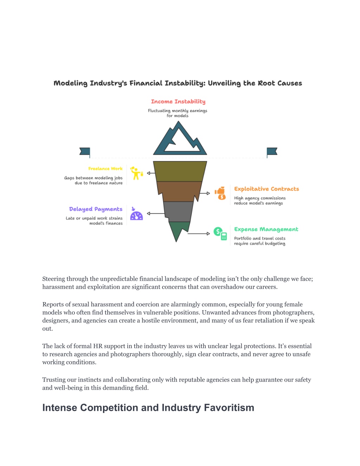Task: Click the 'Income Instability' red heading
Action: click(x=178, y=101)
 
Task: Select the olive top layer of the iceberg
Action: click(x=180, y=171)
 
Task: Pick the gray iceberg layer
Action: click(x=178, y=211)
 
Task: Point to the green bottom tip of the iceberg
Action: click(x=177, y=230)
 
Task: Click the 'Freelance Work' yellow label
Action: click(x=105, y=168)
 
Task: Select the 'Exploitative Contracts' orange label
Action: click(x=266, y=189)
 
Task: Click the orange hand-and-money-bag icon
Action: click(x=220, y=193)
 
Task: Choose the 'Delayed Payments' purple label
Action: click(x=96, y=209)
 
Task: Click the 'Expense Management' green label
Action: click(x=266, y=229)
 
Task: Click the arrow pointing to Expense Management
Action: click(x=199, y=234)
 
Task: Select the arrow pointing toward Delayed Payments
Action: click(x=156, y=213)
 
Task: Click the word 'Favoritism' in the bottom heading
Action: click(x=229, y=408)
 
